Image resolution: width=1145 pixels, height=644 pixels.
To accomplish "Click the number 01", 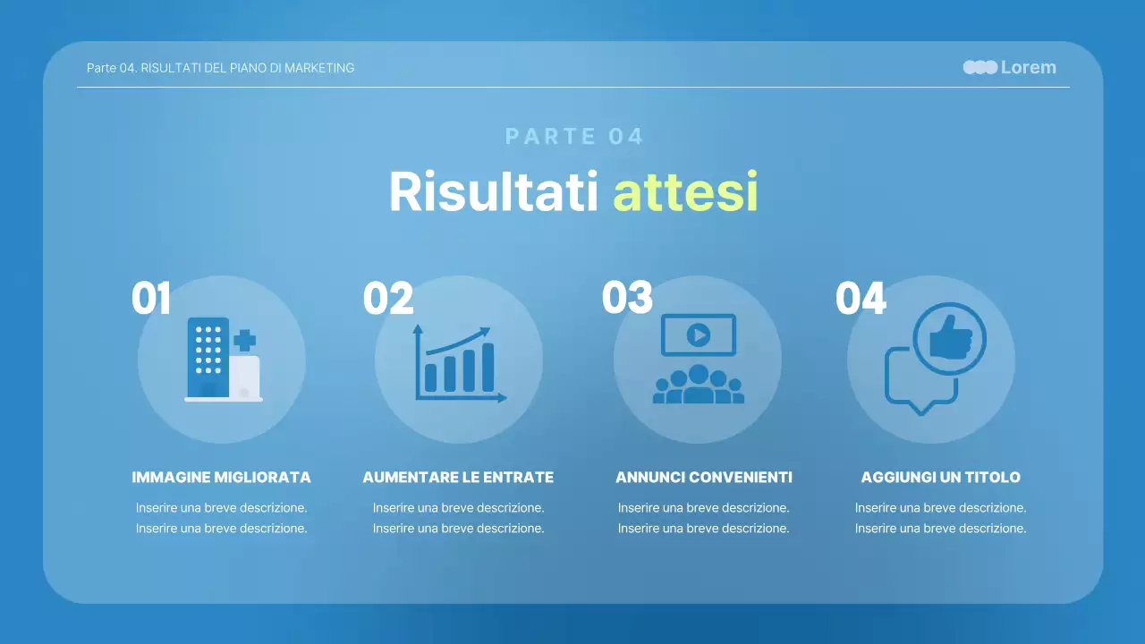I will [151, 299].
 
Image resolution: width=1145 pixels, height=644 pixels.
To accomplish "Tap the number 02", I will [388, 299].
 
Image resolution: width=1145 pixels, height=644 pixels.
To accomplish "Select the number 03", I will [627, 299].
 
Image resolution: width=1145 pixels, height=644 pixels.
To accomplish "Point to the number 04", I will [861, 299].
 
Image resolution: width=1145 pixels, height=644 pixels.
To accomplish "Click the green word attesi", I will [685, 191].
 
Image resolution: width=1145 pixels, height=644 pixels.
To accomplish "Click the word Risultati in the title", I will [493, 191].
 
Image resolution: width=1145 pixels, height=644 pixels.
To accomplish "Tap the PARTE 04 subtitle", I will [574, 137].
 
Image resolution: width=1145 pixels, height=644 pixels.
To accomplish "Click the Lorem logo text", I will [1028, 67].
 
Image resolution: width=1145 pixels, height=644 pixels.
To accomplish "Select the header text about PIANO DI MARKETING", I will [220, 68].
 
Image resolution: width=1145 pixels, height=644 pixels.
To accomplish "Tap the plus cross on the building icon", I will [244, 340].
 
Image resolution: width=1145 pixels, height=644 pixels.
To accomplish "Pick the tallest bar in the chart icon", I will [488, 367].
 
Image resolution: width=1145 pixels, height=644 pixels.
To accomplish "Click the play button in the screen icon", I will [698, 335].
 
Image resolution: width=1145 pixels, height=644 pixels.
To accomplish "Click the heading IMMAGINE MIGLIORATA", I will [221, 478].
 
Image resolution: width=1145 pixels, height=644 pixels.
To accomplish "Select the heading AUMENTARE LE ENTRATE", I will [458, 478].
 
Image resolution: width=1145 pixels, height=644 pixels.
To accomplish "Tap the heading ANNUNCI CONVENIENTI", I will [704, 478].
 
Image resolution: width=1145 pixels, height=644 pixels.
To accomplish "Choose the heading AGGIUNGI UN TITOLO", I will [940, 478].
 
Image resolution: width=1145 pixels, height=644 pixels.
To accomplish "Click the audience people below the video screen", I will [698, 386].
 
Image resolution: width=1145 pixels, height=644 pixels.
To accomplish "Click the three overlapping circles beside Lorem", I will [980, 67].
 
